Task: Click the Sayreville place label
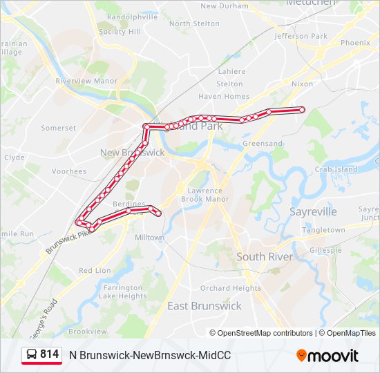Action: pos(313,212)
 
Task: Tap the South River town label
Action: pos(265,256)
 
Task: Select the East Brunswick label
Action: pos(205,305)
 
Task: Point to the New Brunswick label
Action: pos(132,153)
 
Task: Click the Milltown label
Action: pos(150,237)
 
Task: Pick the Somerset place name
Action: pos(59,128)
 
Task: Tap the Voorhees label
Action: pos(69,171)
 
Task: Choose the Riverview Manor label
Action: pos(86,81)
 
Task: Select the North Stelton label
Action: pos(194,23)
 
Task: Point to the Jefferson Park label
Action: pos(301,36)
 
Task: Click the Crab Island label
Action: pos(336,169)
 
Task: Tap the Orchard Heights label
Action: pos(231,288)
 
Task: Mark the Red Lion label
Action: pos(95,270)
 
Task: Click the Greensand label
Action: pos(262,144)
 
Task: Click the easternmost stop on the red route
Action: pos(302,110)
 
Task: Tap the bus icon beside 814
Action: pos(31,354)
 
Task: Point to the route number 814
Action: pos(49,354)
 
